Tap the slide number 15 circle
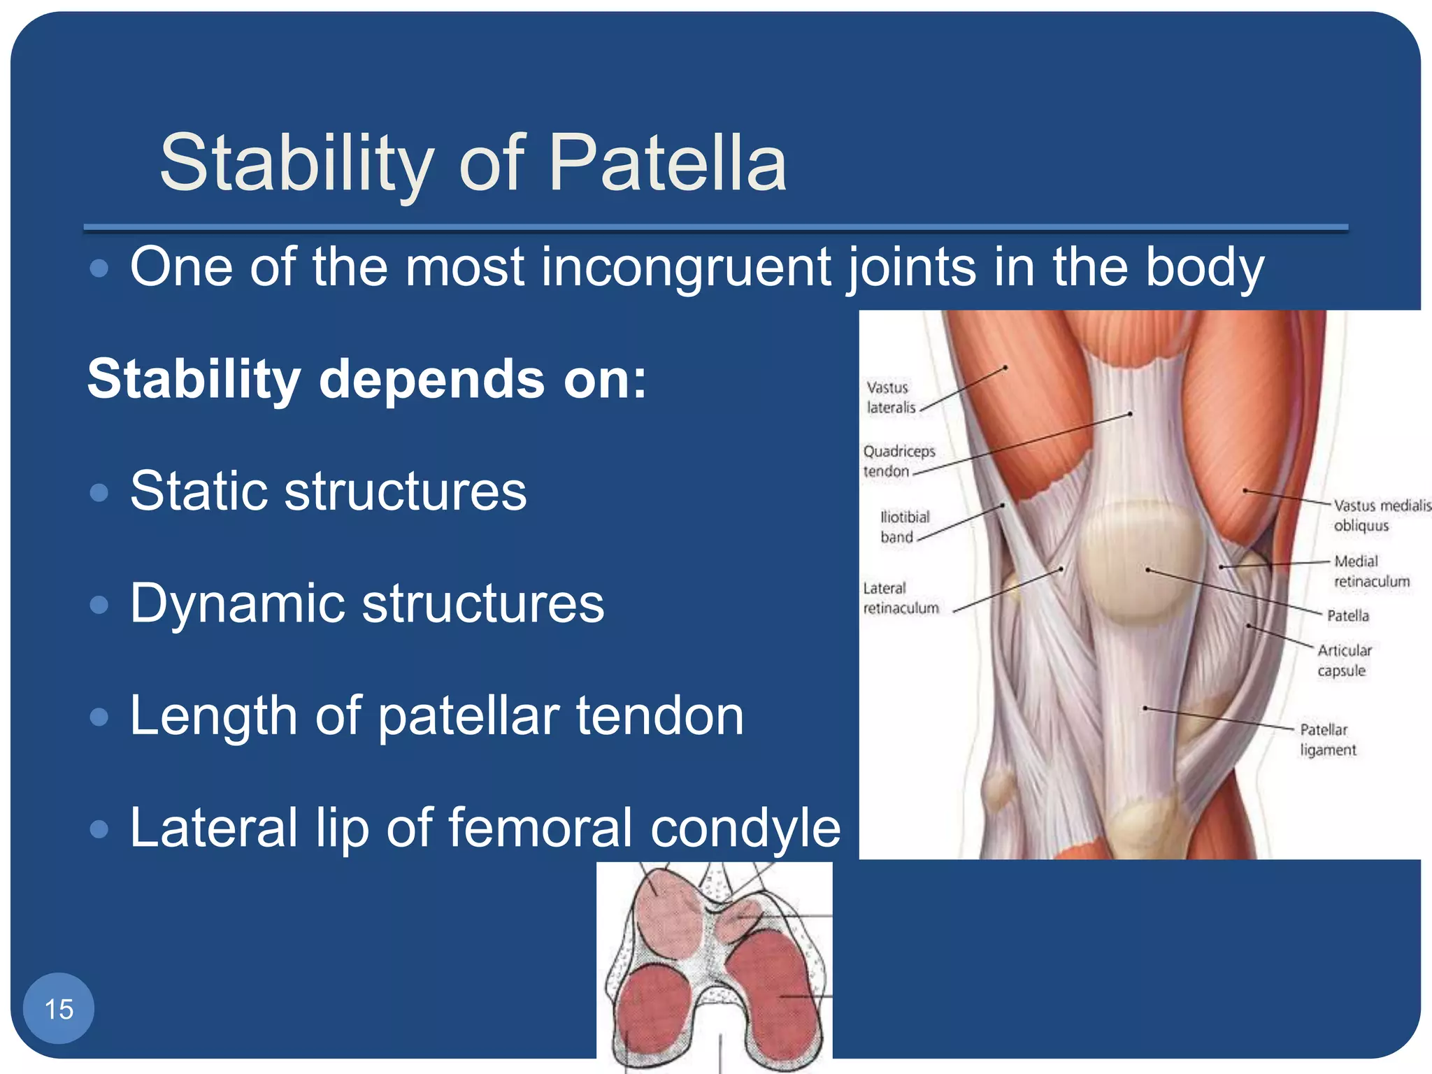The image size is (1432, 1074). click(59, 1008)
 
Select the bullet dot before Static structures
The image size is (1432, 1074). click(100, 493)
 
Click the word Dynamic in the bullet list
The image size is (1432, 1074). click(236, 604)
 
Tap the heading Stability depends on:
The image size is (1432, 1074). click(366, 379)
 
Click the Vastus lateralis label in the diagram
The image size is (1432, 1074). click(890, 397)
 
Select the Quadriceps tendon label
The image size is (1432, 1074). click(898, 461)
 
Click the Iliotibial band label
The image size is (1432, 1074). click(903, 527)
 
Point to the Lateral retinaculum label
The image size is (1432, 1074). click(900, 598)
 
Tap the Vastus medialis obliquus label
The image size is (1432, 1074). click(1380, 515)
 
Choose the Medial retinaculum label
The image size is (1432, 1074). click(1370, 571)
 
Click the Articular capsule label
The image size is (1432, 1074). click(1344, 660)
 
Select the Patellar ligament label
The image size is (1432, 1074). click(1326, 739)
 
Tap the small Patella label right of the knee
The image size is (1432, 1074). click(1347, 616)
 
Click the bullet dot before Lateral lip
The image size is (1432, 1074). click(100, 829)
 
